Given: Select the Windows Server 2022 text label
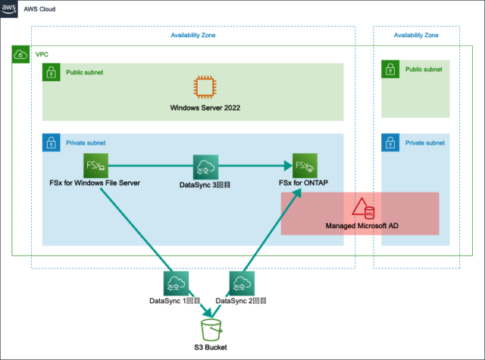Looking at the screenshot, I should point(205,108).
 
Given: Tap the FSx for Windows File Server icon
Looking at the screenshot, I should point(96,165).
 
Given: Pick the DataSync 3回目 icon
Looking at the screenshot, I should point(205,166).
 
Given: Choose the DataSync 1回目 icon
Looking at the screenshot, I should point(175,283).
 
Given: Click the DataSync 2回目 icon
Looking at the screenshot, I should point(242,283).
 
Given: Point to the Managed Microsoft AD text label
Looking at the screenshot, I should point(363,226).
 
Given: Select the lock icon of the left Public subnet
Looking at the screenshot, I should point(51,73).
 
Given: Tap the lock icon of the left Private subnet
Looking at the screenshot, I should point(51,142).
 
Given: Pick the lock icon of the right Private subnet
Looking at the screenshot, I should point(391,142).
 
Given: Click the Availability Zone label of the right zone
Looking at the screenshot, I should point(416,35).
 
